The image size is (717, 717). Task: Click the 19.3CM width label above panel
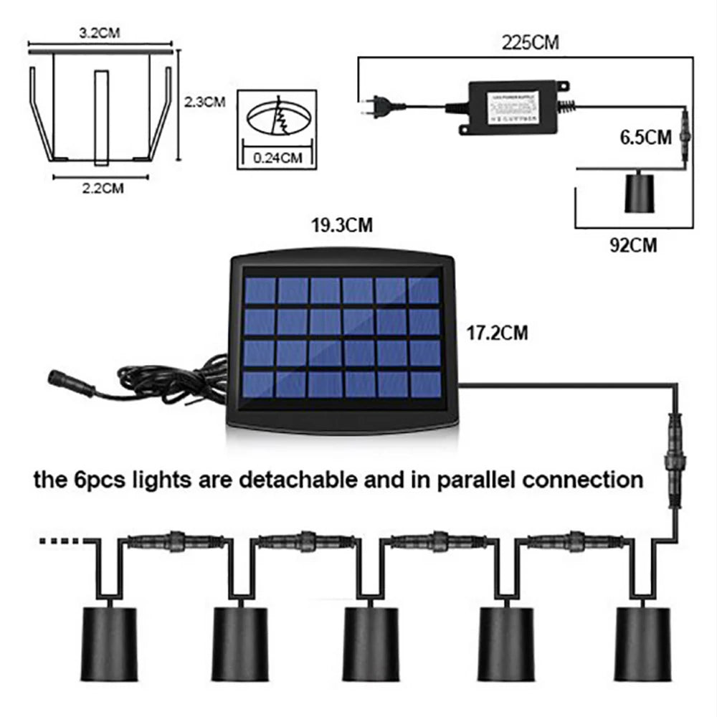[341, 227]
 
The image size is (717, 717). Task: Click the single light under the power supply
[642, 192]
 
